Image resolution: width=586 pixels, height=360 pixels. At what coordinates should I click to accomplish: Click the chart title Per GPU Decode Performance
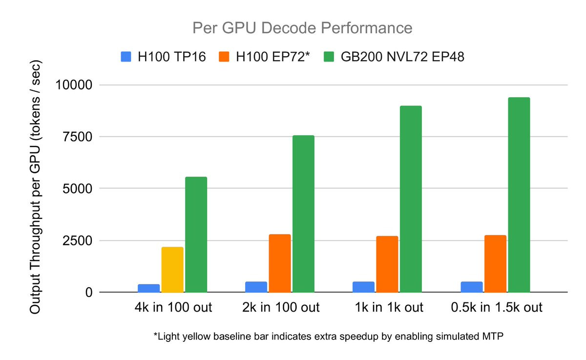[x=302, y=28]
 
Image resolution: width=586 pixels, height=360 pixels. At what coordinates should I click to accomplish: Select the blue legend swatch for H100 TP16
[x=126, y=57]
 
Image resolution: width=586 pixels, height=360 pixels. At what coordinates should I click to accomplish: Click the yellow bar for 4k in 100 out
[x=172, y=270]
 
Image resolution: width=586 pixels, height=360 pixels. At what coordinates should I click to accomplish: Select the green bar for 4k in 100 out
[x=196, y=234]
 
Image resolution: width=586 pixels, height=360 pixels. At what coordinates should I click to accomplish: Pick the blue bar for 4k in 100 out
[x=148, y=288]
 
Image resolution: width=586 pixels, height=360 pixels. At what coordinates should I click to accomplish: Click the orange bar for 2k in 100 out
[x=280, y=263]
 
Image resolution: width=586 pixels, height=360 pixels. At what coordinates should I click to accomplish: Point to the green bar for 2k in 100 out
[x=303, y=214]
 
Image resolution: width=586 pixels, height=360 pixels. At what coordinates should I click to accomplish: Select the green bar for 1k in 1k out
[x=411, y=199]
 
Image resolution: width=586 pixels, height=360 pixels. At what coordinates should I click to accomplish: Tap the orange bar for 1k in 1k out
[x=387, y=264]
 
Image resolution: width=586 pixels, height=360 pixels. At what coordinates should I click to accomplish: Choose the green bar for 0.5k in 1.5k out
[x=519, y=195]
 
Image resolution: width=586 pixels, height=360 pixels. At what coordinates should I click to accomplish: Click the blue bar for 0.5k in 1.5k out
[x=472, y=287]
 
